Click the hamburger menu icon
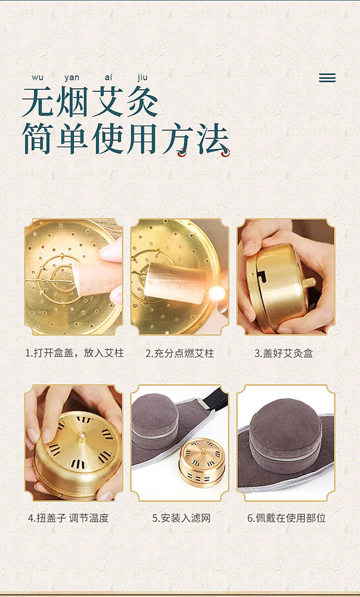coord(327,77)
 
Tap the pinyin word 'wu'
coord(37,77)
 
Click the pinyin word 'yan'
coord(72,77)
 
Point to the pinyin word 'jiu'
coord(143,77)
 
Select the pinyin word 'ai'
coord(108,77)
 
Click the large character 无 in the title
coord(37,102)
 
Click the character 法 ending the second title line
coord(213,139)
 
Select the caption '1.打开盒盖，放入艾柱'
coord(74,353)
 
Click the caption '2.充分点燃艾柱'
coord(180,353)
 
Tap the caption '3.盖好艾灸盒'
coord(284,353)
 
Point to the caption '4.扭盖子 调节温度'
coord(69,518)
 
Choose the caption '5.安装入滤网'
coord(181,518)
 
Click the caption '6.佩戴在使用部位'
coord(287,518)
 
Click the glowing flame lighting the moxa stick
coord(217,293)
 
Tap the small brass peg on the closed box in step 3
coord(309,283)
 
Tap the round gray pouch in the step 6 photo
coord(286,429)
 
